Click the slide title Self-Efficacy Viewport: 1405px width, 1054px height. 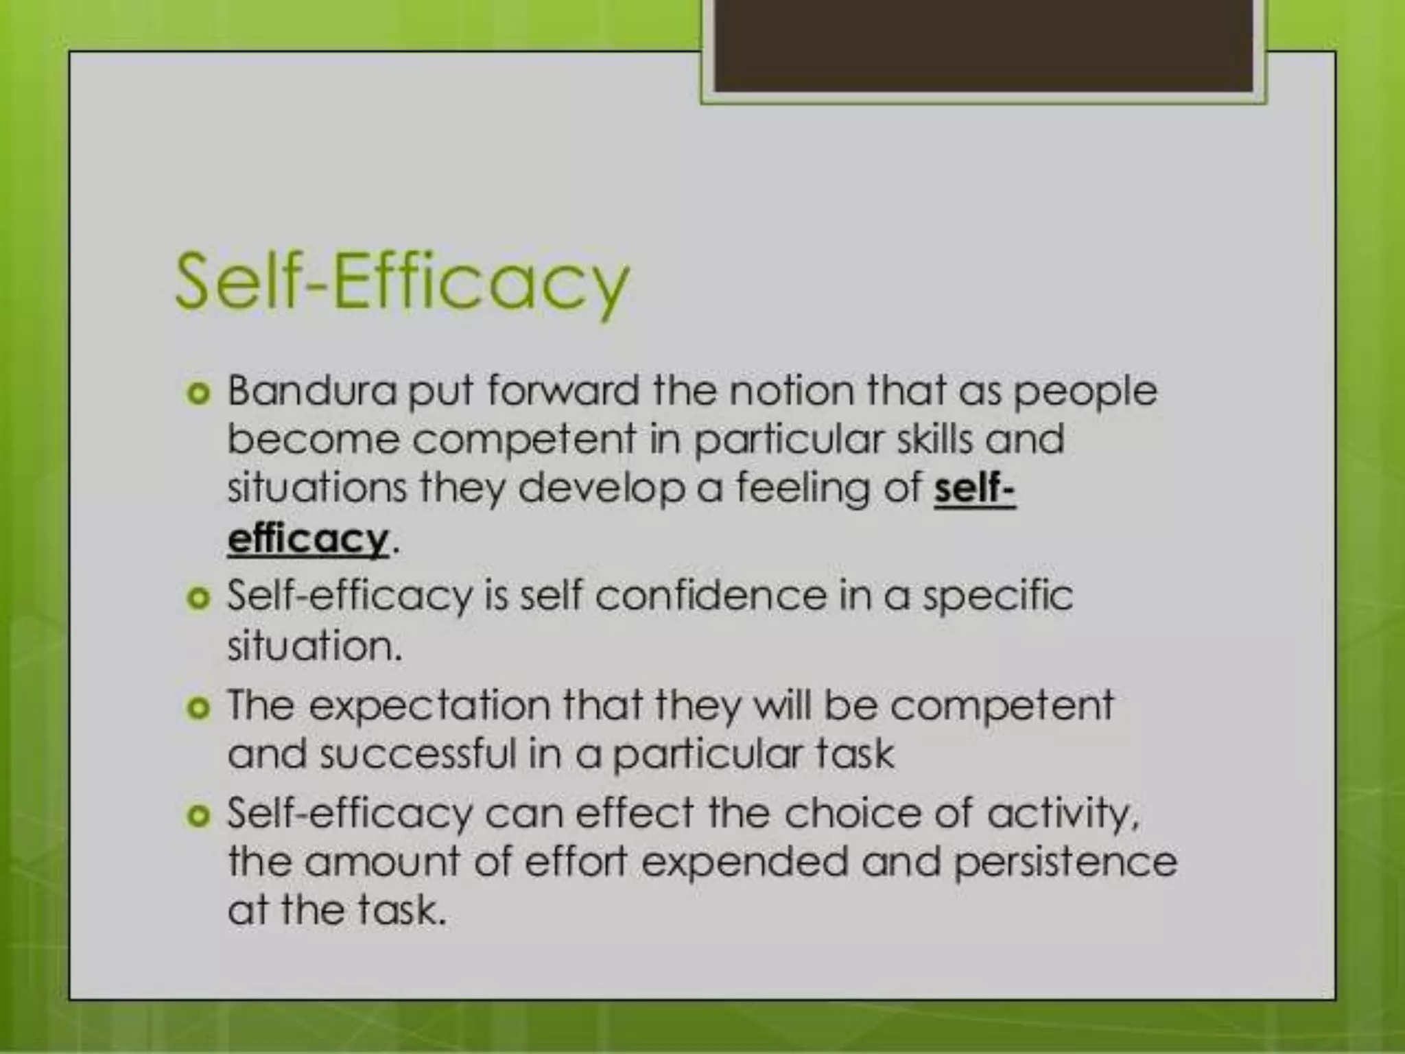tap(402, 283)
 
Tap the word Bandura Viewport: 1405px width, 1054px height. tap(312, 390)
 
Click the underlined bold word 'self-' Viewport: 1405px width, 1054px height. tap(974, 489)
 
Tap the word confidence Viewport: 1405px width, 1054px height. tap(711, 595)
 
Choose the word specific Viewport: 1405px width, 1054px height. tap(997, 596)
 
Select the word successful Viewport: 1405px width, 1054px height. tap(418, 753)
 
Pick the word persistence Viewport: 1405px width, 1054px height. tap(1065, 862)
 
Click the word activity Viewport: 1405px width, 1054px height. tap(1063, 815)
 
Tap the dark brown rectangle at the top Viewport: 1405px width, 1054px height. tap(984, 45)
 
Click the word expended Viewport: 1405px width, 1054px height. tap(745, 862)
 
